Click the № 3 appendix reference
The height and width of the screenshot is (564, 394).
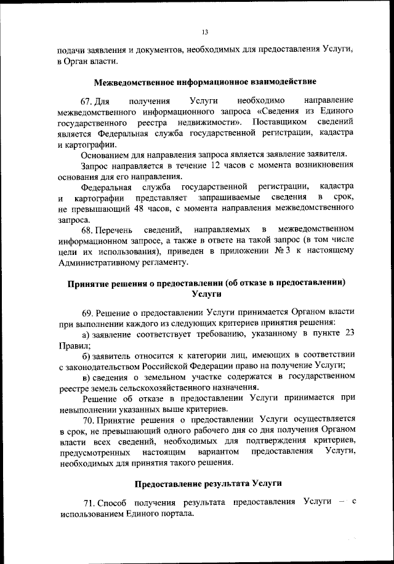[291, 252]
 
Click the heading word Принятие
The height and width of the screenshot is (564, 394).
[91, 283]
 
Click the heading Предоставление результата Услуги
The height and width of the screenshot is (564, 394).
[205, 484]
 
